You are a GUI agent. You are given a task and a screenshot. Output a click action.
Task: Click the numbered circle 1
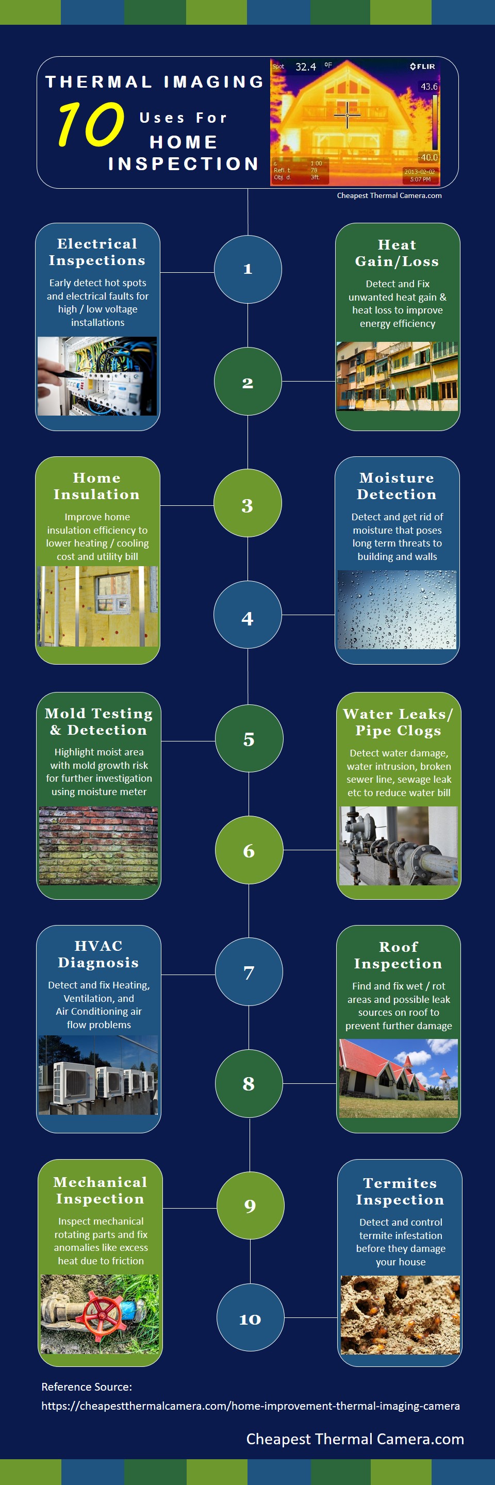[248, 269]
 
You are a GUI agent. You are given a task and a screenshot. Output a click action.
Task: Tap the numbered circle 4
[248, 615]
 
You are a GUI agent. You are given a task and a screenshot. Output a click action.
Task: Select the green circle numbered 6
[249, 850]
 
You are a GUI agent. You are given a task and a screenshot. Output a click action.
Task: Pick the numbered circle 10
[250, 1317]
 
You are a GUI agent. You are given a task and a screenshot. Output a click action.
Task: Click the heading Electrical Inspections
[97, 252]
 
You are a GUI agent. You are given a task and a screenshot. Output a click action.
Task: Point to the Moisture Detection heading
[397, 486]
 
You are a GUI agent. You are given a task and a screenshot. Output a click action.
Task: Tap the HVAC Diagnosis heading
[98, 954]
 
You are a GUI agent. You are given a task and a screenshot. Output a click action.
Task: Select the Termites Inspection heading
[400, 1191]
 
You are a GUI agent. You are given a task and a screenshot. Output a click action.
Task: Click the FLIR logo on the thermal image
[422, 67]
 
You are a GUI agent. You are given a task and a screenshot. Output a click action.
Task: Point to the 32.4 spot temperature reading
[305, 67]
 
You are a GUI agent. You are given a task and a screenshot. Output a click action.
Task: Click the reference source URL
[251, 1406]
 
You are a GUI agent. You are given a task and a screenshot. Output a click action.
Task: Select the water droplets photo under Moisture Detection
[397, 609]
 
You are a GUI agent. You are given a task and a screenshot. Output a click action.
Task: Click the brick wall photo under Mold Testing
[98, 845]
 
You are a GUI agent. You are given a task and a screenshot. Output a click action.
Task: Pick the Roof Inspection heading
[398, 955]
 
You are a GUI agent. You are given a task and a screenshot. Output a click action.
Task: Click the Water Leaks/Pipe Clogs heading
[398, 722]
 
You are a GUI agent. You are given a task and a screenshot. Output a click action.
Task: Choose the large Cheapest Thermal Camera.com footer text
[355, 1439]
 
